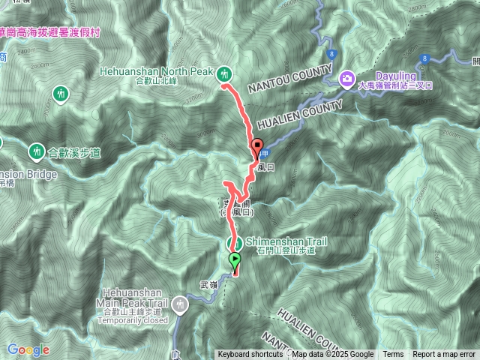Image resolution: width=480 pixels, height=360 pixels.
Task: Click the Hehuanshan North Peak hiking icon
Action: [x=224, y=73]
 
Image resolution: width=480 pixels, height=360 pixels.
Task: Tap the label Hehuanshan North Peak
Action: [x=157, y=70]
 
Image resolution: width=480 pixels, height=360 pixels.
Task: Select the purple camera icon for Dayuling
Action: [x=348, y=77]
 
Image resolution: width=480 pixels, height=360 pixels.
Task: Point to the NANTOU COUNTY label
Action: [x=288, y=76]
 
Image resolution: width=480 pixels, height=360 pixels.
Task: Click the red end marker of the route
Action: [x=257, y=146]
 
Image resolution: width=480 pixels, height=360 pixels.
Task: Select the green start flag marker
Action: [x=235, y=261]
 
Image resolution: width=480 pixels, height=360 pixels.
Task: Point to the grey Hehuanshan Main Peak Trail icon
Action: [x=179, y=304]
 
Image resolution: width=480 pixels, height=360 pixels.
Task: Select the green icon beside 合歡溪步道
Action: [x=35, y=151]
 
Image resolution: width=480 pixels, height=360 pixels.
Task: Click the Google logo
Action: [x=28, y=349]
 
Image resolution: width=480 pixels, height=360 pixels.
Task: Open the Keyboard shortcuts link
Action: [x=250, y=355]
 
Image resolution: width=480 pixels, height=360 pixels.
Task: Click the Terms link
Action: [x=393, y=355]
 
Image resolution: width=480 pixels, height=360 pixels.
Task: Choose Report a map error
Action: [x=444, y=355]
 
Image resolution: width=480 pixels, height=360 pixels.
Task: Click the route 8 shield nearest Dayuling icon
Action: [x=331, y=54]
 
